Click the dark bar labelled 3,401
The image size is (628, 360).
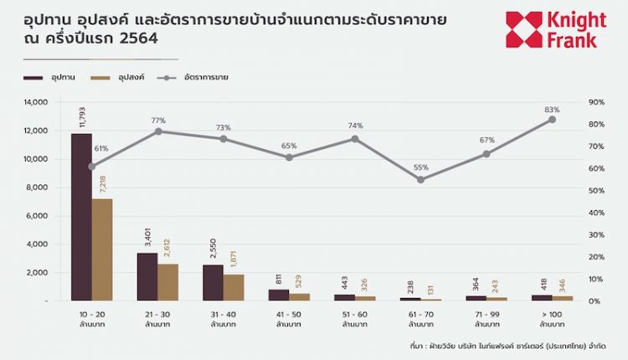(147, 276)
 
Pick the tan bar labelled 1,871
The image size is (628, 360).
(234, 286)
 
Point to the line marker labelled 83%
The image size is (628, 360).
(552, 120)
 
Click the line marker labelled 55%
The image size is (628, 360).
(420, 179)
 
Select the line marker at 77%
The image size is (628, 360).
(157, 131)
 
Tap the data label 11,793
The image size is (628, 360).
(82, 117)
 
